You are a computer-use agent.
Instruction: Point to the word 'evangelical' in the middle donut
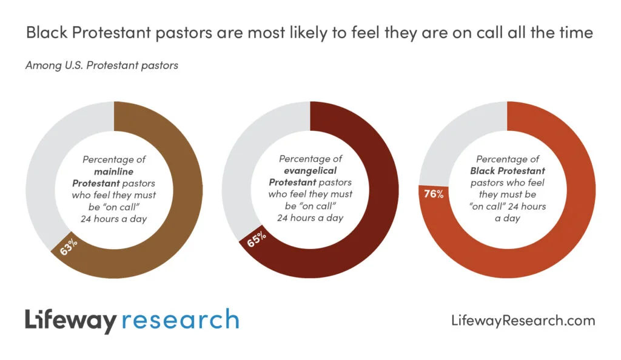click(310, 170)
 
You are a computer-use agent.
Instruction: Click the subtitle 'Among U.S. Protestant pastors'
click(101, 65)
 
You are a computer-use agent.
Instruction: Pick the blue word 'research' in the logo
click(180, 320)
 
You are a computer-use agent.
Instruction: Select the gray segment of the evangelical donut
click(235, 176)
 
